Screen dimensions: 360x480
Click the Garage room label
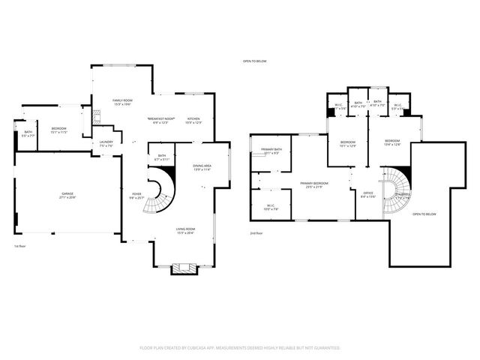point(67,195)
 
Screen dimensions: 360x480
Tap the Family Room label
point(123,102)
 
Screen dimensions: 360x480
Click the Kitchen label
point(193,120)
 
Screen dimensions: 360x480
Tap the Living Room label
point(185,231)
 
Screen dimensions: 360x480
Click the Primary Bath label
point(272,151)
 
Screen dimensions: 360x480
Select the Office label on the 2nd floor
point(368,194)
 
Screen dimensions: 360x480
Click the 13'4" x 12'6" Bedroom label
point(393,143)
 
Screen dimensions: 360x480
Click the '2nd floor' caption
point(256,233)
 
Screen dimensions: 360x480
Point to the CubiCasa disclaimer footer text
point(240,348)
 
